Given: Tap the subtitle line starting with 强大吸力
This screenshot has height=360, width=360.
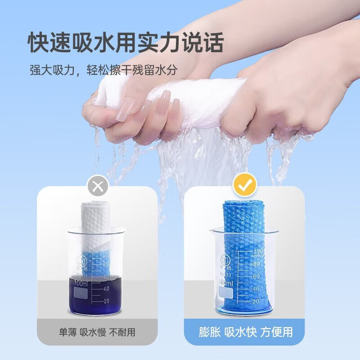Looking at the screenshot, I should pos(103,70).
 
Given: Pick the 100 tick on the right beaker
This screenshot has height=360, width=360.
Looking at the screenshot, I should pos(257,251).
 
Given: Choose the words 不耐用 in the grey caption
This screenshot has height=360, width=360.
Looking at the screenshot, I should pos(124,333).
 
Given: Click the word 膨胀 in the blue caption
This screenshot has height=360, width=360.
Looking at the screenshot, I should pos(210,333).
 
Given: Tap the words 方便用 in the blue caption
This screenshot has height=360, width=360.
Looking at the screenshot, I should pos(278,333).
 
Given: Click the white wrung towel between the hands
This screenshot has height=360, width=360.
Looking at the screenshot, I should pos(180,97).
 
